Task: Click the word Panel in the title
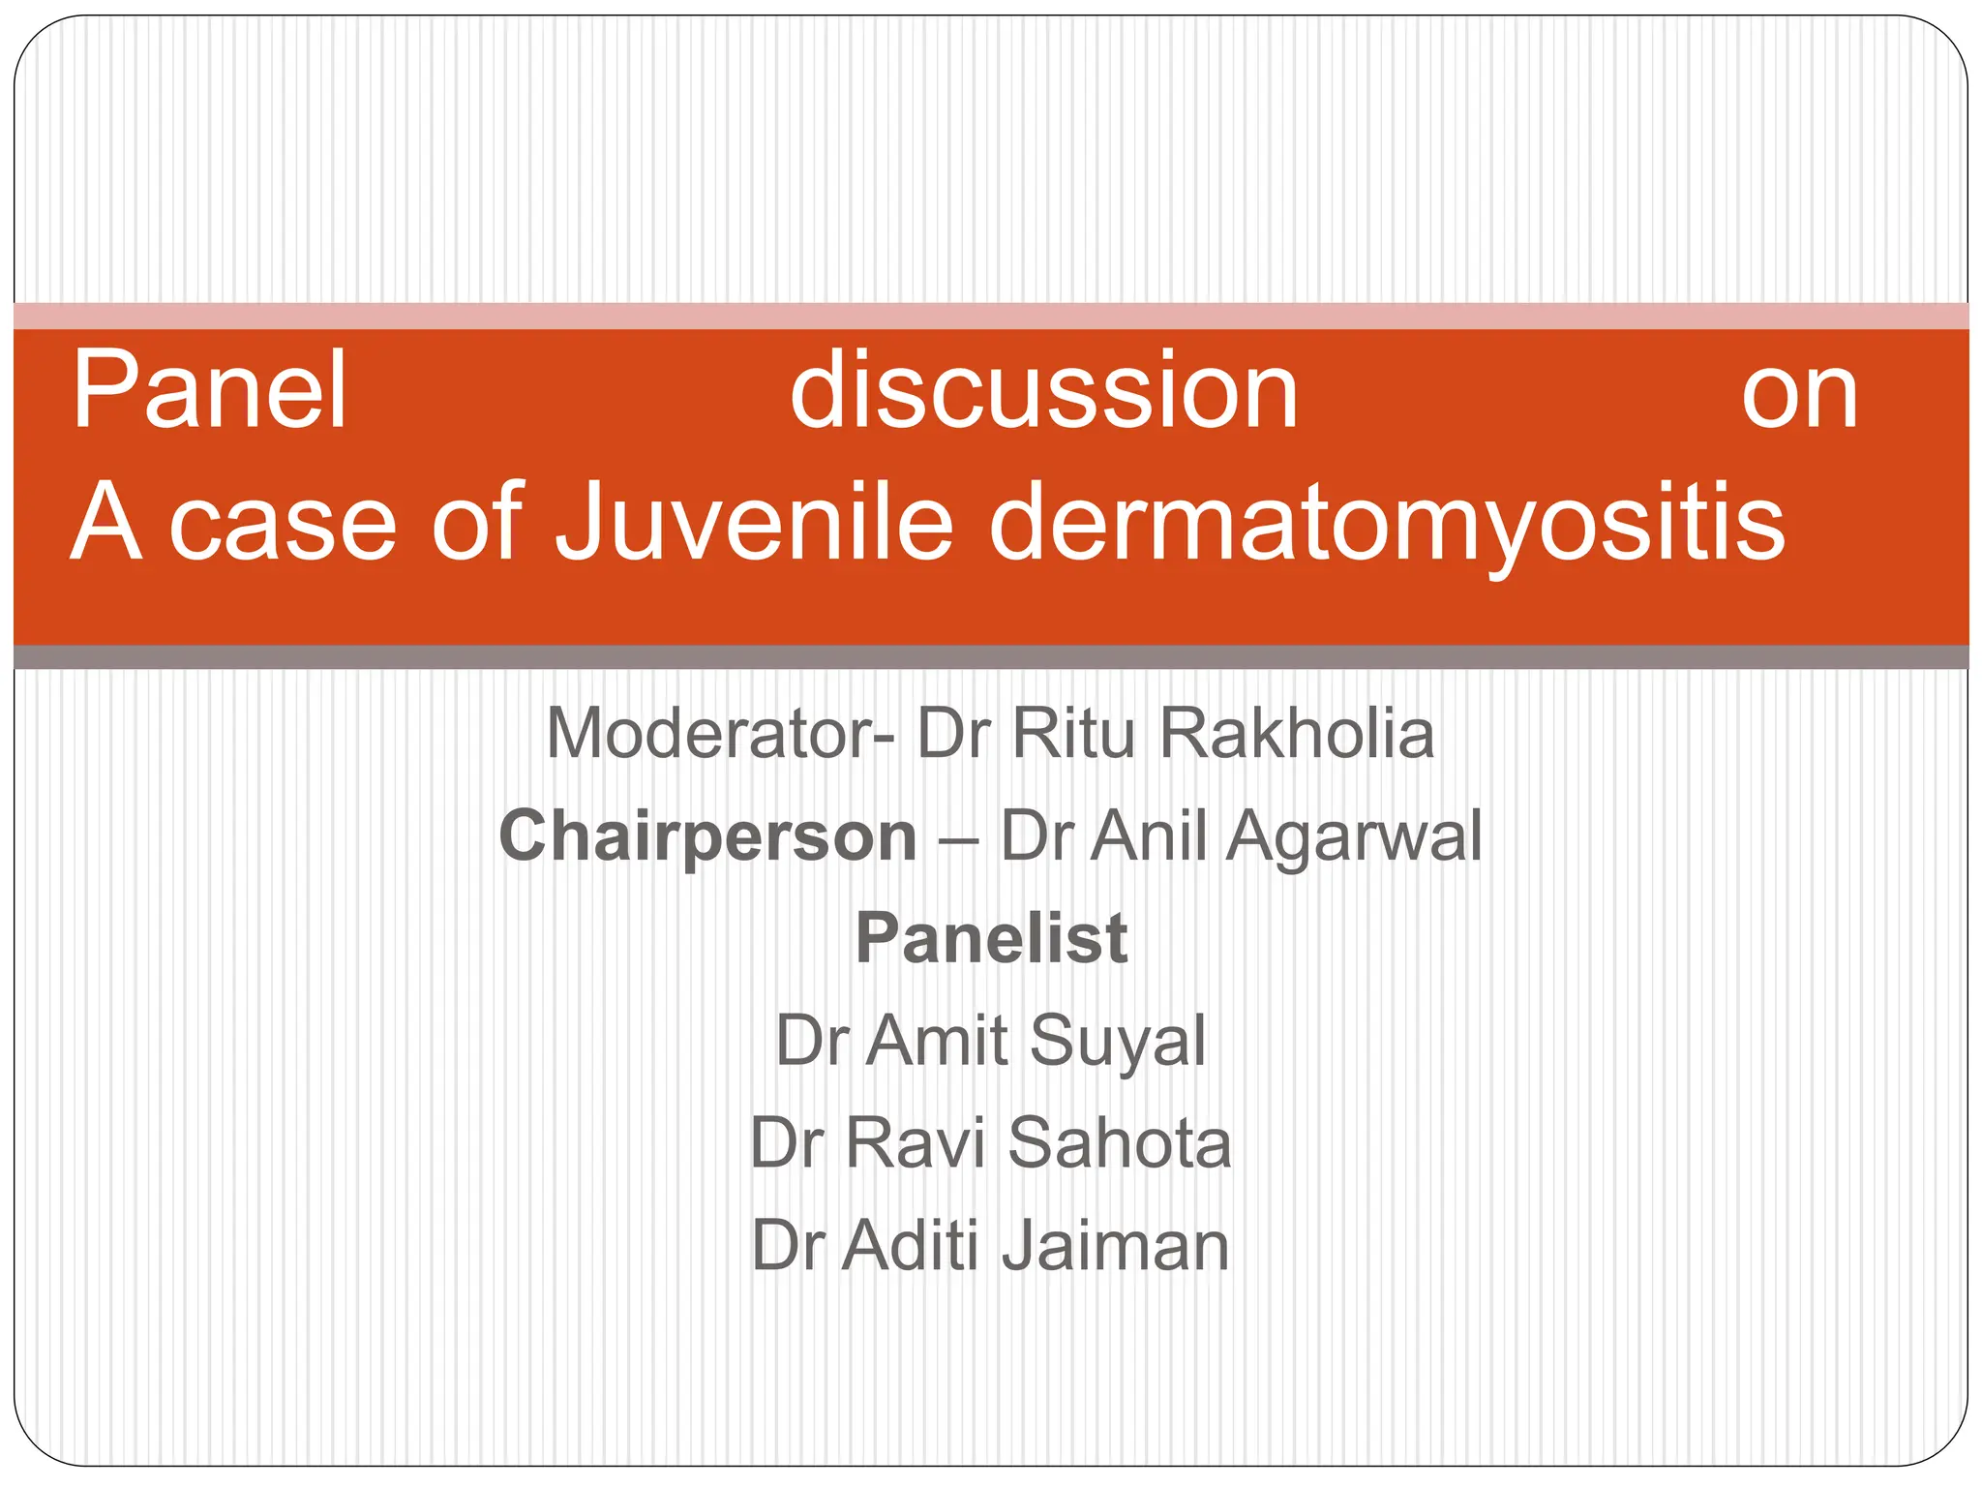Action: (209, 391)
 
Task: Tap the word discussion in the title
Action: (1043, 391)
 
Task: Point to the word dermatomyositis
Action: (1386, 523)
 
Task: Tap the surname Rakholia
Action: (1297, 734)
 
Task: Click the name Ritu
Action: (1072, 734)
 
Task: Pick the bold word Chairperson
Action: (708, 836)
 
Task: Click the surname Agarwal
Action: (1355, 836)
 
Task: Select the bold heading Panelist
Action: (991, 939)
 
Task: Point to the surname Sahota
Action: (1119, 1143)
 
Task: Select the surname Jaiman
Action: (1115, 1246)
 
